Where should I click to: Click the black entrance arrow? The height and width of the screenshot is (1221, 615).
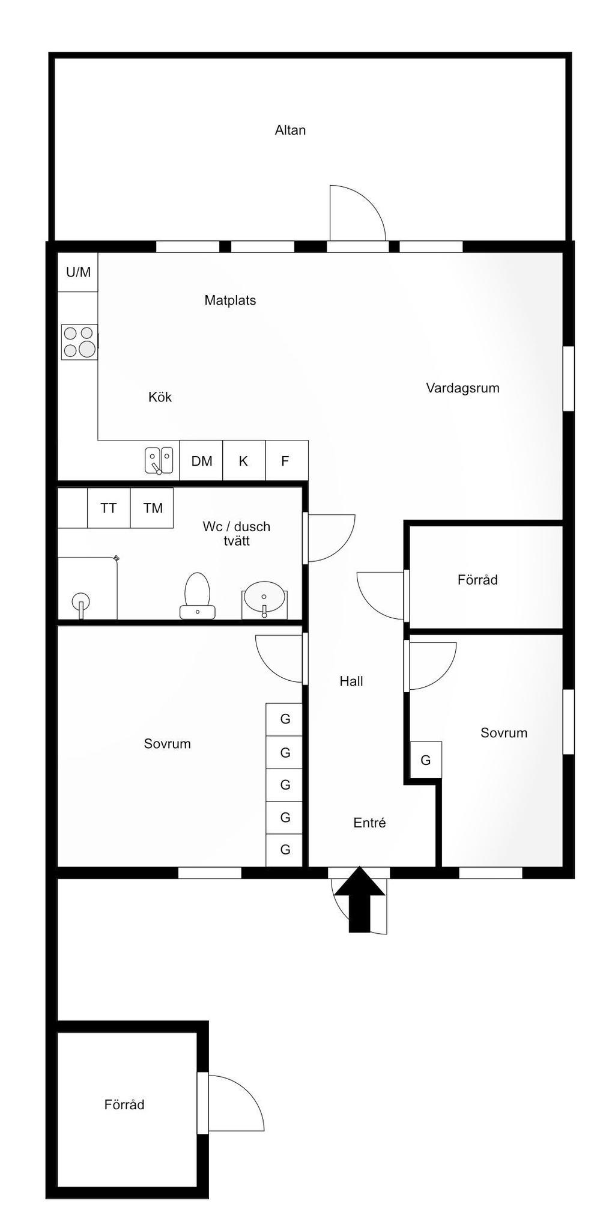tap(359, 900)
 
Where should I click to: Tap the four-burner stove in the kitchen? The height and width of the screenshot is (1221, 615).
tap(79, 342)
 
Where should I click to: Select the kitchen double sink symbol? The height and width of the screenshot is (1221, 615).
tap(159, 460)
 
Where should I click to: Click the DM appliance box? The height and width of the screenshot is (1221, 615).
tap(201, 461)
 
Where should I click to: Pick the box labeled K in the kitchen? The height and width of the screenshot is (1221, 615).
tap(243, 461)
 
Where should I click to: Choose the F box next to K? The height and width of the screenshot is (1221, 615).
tap(286, 461)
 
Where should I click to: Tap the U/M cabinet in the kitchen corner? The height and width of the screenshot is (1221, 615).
tap(78, 272)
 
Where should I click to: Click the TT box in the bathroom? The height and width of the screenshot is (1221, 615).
tap(109, 508)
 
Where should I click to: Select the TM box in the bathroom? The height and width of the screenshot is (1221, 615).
tap(152, 508)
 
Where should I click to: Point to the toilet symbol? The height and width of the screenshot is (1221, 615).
tap(197, 595)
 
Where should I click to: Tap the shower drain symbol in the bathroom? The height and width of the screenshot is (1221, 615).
tap(80, 601)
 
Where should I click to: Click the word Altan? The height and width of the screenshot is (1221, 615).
tap(290, 130)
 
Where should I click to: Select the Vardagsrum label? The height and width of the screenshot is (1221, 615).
tap(462, 388)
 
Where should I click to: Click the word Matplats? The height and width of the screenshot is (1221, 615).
tap(230, 300)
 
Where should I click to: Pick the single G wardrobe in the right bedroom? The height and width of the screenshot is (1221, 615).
tap(426, 760)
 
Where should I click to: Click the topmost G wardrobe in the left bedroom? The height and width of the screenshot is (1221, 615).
tap(285, 719)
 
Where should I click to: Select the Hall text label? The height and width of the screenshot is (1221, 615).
tap(351, 681)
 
